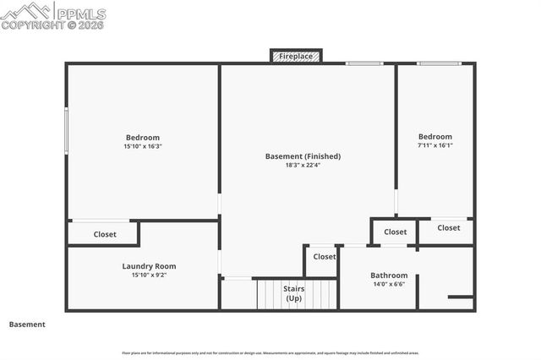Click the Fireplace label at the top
pyautogui.click(x=296, y=57)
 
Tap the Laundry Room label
pyautogui.click(x=149, y=266)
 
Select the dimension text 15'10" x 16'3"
pyautogui.click(x=143, y=146)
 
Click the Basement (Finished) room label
pyautogui.click(x=303, y=156)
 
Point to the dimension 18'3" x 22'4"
pyautogui.click(x=303, y=165)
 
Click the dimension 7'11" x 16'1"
pyautogui.click(x=435, y=145)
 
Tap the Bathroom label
pyautogui.click(x=389, y=275)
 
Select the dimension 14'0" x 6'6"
pyautogui.click(x=389, y=285)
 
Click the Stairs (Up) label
pyautogui.click(x=293, y=293)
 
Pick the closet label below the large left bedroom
pyautogui.click(x=105, y=234)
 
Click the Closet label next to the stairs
pyautogui.click(x=325, y=256)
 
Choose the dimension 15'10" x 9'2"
pyautogui.click(x=149, y=275)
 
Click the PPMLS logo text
pyautogui.click(x=82, y=14)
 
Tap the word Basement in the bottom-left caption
pyautogui.click(x=27, y=324)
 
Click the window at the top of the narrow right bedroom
pyautogui.click(x=439, y=63)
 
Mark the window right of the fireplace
pyautogui.click(x=363, y=63)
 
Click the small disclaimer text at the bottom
pyautogui.click(x=270, y=352)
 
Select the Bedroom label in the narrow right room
pyautogui.click(x=435, y=136)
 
